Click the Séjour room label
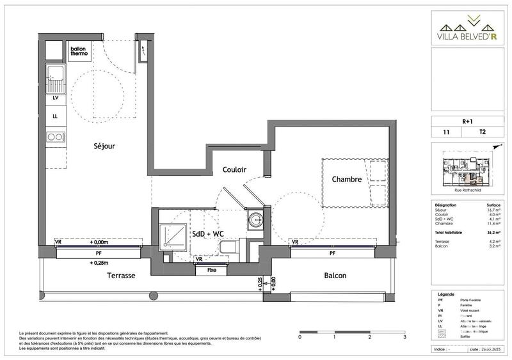(x=102, y=146)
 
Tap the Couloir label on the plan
(x=235, y=169)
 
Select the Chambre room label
(x=347, y=180)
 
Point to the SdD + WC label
(x=209, y=234)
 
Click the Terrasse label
(x=120, y=276)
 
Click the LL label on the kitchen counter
(x=55, y=116)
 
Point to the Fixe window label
(x=212, y=270)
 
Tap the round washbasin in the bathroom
(x=257, y=218)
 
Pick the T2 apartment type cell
(x=482, y=132)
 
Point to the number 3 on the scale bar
(x=404, y=336)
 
